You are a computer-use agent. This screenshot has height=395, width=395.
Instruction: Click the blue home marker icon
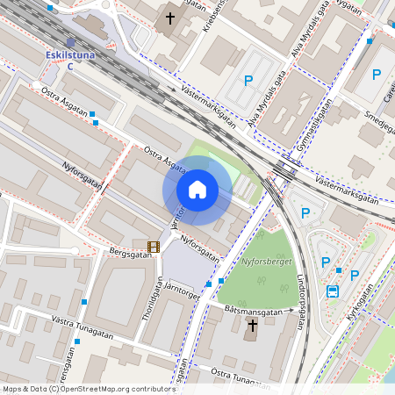[197, 190]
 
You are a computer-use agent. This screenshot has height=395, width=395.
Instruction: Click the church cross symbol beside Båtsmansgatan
[252, 327]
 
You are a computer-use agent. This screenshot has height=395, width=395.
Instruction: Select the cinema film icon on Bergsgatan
[154, 247]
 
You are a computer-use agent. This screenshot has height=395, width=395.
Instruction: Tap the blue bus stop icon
[333, 291]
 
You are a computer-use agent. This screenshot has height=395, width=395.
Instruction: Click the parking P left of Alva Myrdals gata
[248, 81]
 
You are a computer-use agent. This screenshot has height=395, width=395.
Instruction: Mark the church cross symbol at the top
[170, 18]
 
